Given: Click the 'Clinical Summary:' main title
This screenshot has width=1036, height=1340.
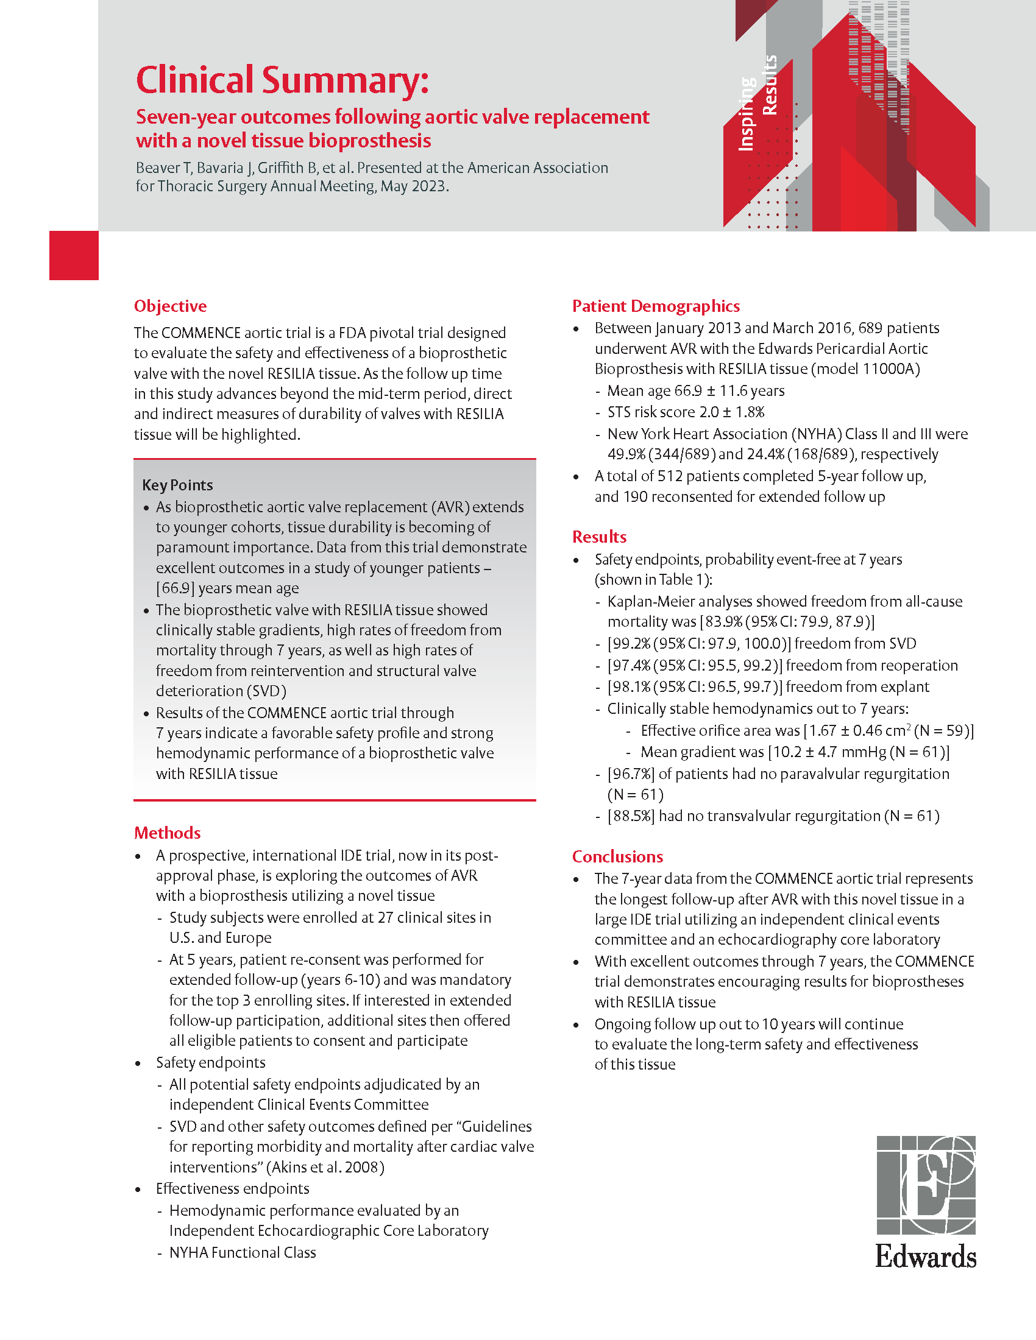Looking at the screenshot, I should tap(282, 80).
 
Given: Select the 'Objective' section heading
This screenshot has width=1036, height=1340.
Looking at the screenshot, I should tap(170, 306).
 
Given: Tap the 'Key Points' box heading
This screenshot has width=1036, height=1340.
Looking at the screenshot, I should tap(177, 485).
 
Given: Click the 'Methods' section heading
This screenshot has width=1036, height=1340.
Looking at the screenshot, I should tap(168, 833).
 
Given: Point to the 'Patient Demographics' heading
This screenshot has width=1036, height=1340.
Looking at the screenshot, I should tap(656, 306).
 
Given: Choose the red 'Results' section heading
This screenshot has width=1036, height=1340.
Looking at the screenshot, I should tap(599, 537).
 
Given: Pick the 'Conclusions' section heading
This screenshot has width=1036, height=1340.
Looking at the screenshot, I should tap(617, 856).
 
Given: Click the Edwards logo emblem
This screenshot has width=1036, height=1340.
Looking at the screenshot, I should tap(926, 1185).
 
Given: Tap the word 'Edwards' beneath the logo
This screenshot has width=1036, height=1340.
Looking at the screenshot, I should tap(926, 1257).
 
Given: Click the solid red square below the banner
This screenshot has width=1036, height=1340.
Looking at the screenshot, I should tap(74, 255).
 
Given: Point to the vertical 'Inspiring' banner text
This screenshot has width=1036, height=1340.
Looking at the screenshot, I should tap(746, 113).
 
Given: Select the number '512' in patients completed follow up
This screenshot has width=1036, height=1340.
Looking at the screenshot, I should tap(670, 476).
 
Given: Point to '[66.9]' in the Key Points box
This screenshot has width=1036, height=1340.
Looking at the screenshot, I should tap(175, 588).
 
